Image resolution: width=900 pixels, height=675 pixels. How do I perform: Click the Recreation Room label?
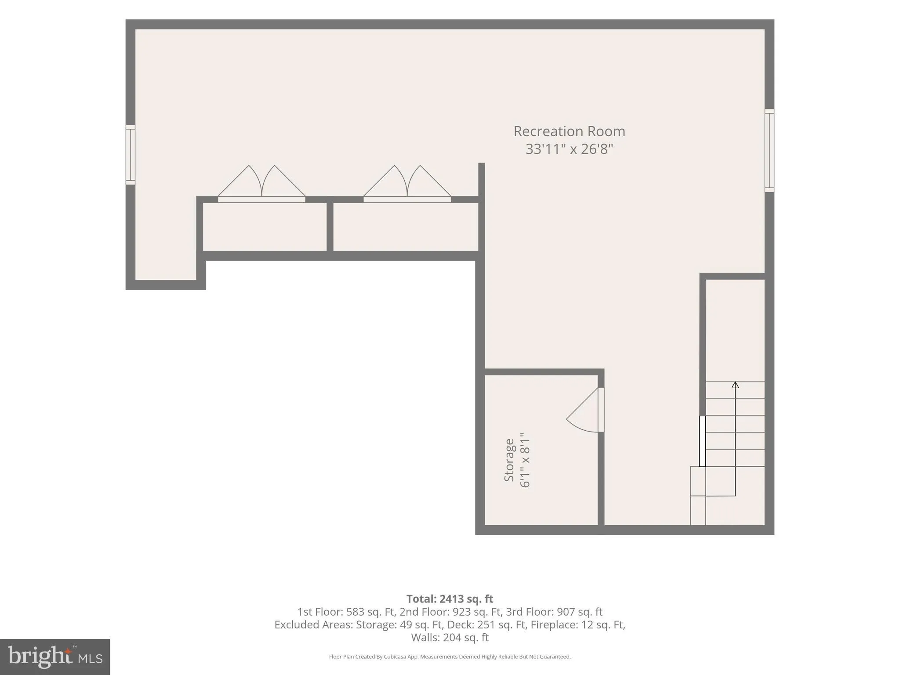[x=569, y=131]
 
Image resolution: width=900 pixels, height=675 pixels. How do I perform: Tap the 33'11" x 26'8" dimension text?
[x=569, y=149]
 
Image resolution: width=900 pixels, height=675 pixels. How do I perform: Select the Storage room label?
[x=509, y=460]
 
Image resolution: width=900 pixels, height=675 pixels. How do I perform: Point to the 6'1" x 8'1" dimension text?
[x=525, y=460]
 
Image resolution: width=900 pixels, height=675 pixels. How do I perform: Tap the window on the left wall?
[x=131, y=155]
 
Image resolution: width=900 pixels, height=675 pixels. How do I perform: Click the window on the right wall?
[x=769, y=150]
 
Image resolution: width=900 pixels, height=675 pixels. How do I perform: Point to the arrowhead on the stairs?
[x=735, y=385]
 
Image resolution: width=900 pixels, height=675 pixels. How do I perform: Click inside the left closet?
[x=265, y=227]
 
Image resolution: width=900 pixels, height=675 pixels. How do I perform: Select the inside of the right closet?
[x=406, y=227]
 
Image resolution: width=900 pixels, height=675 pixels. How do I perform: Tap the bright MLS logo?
[x=55, y=657]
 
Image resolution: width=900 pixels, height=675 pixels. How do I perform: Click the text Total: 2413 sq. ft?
[x=450, y=599]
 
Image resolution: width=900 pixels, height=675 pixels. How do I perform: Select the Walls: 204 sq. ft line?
[x=450, y=637]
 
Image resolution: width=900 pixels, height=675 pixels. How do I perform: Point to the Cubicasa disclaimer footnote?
[x=450, y=657]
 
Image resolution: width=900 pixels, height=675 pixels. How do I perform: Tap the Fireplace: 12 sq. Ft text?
[x=577, y=624]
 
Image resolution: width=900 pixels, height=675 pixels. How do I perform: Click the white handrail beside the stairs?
[x=702, y=441]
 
